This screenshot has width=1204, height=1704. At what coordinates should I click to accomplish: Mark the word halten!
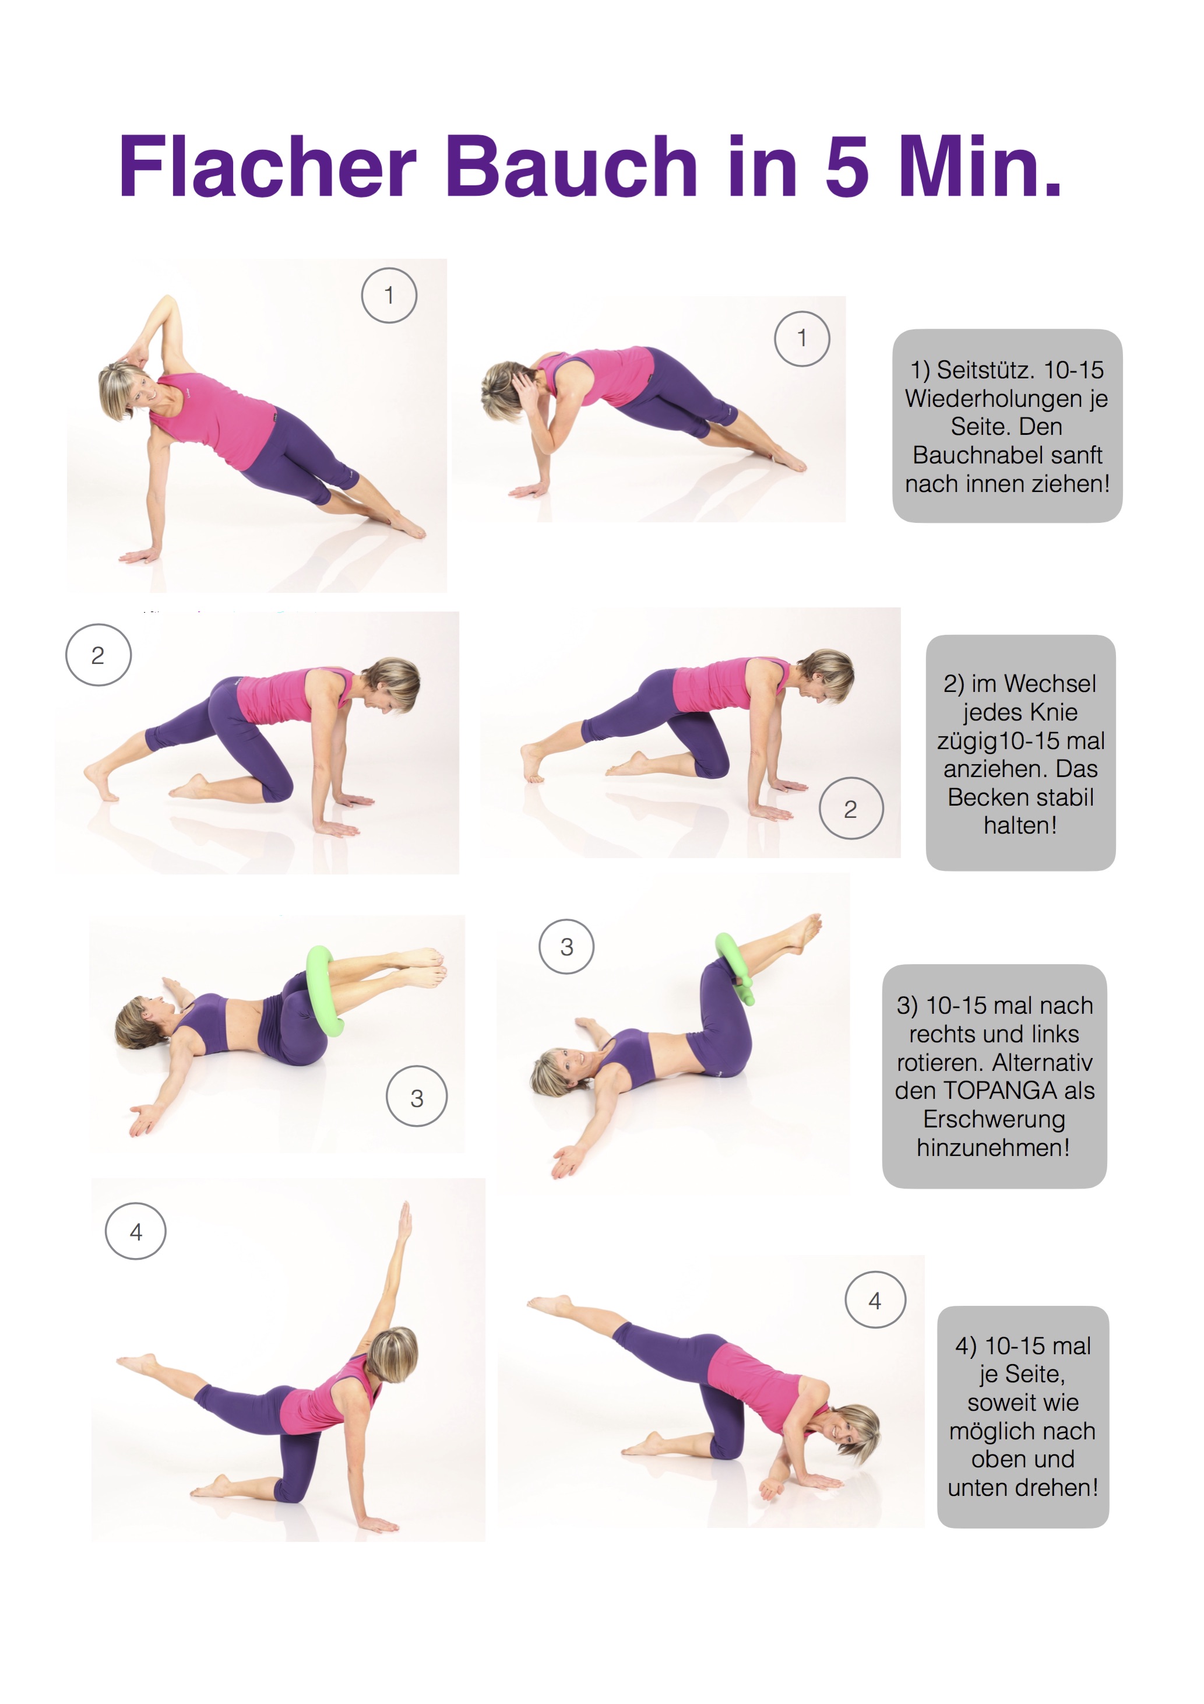point(1021,825)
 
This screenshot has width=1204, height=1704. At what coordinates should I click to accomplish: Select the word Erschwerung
point(994,1119)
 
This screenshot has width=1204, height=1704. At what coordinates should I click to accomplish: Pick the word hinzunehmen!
point(993,1147)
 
